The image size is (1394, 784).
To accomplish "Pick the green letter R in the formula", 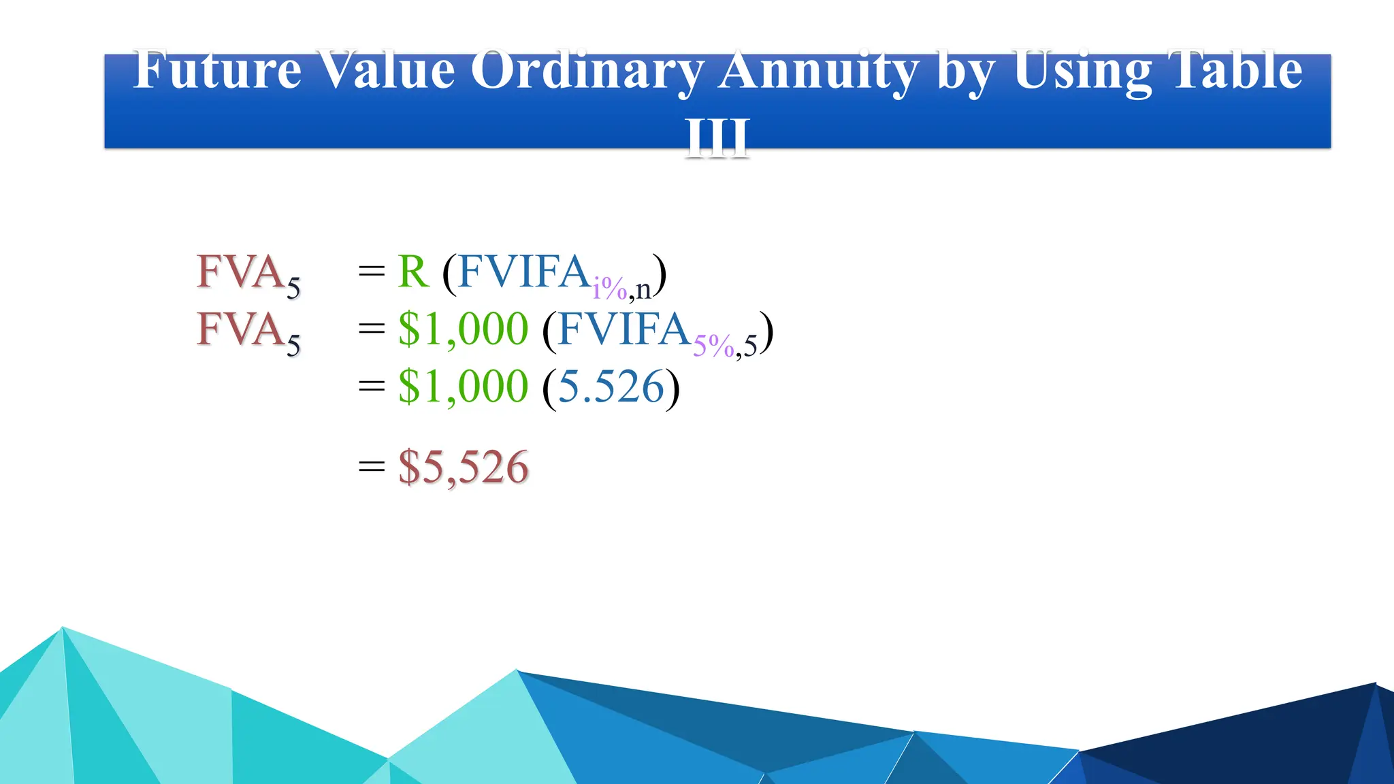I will [x=413, y=272].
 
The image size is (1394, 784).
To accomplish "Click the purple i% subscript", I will [x=609, y=289].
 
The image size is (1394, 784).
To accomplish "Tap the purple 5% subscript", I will [x=713, y=346].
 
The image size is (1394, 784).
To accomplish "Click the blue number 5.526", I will [x=611, y=387].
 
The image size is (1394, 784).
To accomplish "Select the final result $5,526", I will [x=463, y=468].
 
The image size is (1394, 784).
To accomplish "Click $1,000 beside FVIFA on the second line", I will [x=463, y=329].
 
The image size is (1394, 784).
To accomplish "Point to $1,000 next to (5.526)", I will [x=463, y=387].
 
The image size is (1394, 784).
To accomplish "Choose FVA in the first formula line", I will [x=240, y=272].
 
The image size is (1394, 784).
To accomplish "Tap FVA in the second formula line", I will [x=240, y=329].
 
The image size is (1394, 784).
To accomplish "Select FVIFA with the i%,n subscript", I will [x=523, y=272].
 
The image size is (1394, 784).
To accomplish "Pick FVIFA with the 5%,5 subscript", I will [x=623, y=329].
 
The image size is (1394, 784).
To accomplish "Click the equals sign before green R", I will [x=372, y=272].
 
